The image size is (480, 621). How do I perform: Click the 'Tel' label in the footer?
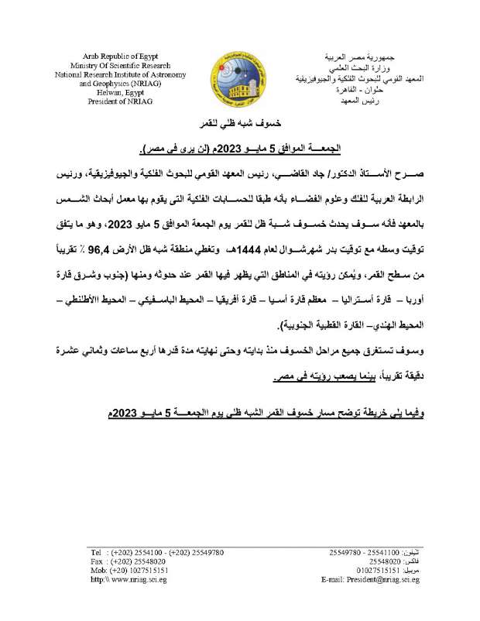tap(98, 552)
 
